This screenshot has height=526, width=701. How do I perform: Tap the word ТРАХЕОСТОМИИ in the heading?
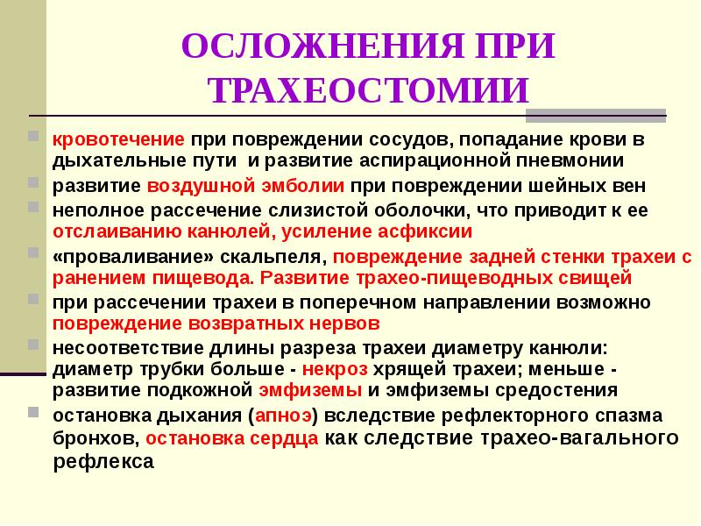(369, 90)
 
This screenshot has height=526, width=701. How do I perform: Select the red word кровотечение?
(117, 139)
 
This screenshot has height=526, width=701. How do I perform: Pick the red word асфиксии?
(430, 231)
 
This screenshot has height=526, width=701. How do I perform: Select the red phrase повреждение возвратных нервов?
(216, 323)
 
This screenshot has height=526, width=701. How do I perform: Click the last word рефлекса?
(103, 459)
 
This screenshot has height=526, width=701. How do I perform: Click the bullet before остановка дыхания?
(33, 413)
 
